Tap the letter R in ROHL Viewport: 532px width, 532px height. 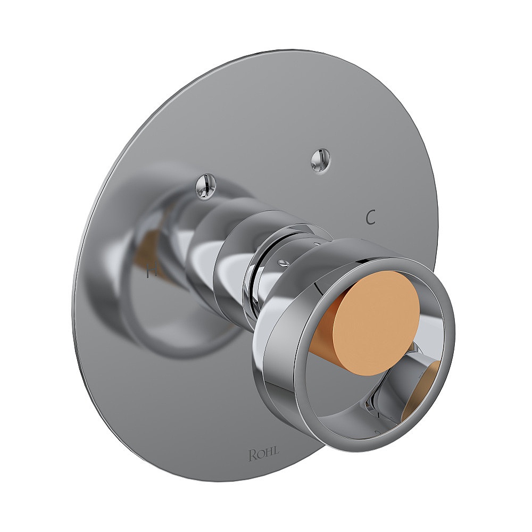252,455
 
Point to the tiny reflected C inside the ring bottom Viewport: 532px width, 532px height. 376,431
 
